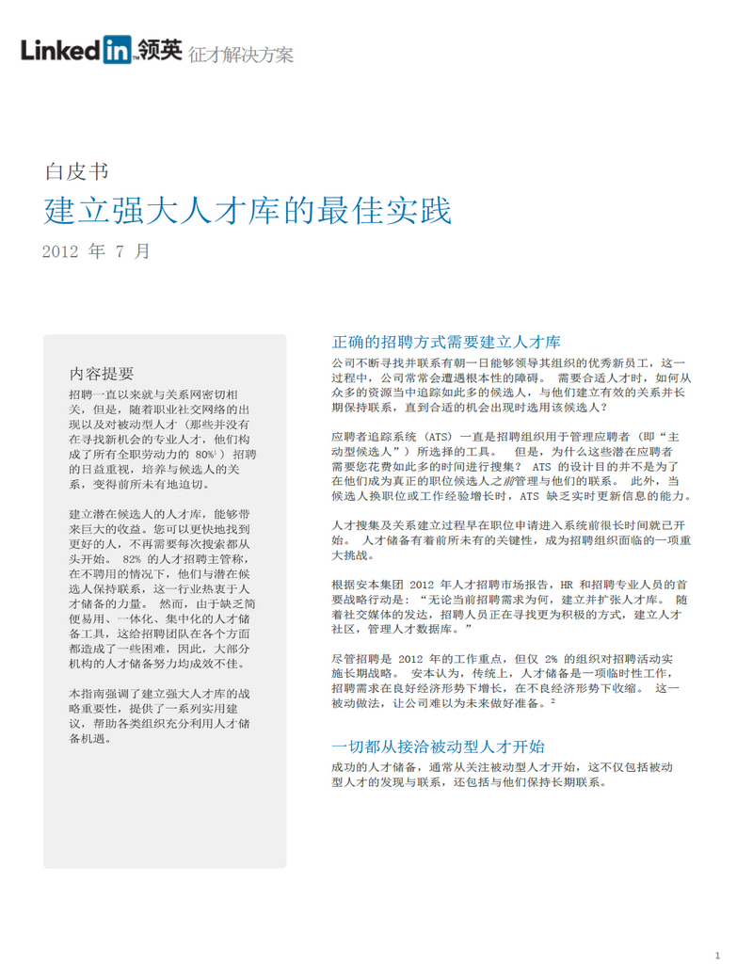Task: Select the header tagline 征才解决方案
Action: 241,55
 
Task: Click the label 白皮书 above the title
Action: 75,171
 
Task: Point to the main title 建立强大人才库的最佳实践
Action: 248,211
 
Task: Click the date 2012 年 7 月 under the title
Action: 96,251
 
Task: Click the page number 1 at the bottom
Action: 717,956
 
